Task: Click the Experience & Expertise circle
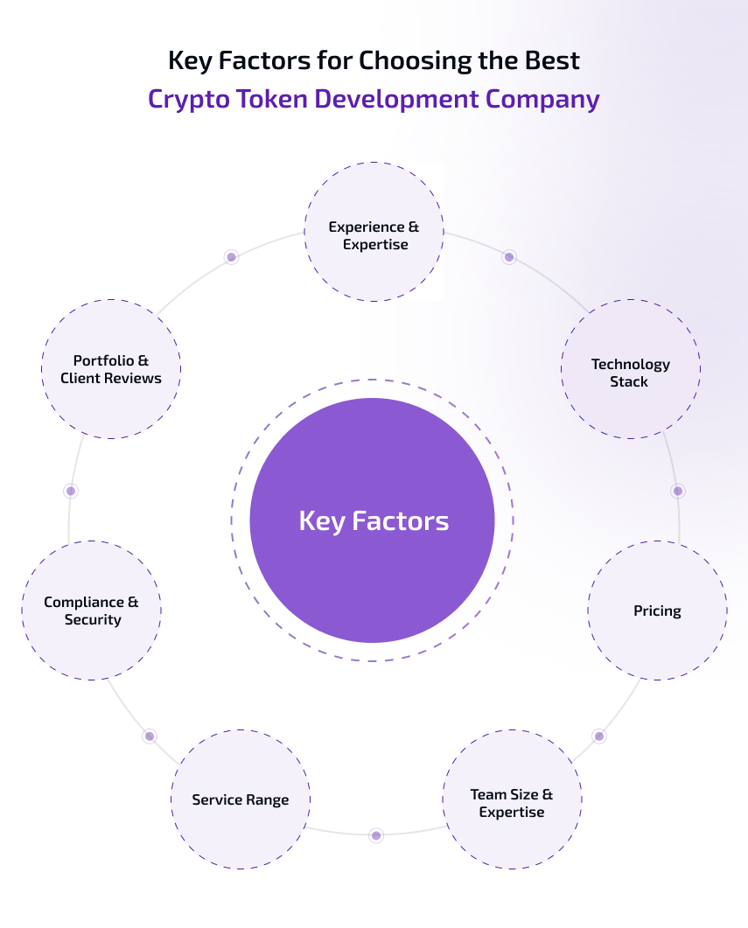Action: [374, 232]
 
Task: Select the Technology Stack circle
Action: [630, 369]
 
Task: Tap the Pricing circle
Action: [657, 611]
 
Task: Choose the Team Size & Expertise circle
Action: [512, 799]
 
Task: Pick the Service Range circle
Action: [241, 799]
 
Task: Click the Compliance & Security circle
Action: [92, 611]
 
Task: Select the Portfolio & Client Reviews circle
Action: [111, 369]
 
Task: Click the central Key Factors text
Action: [374, 521]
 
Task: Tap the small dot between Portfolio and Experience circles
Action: [231, 257]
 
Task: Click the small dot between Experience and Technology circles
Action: [509, 257]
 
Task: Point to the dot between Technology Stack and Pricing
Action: [678, 491]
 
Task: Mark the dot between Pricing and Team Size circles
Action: [599, 736]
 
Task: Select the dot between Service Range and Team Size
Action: [376, 835]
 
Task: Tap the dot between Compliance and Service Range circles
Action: [150, 736]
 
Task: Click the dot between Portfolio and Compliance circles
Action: [71, 491]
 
